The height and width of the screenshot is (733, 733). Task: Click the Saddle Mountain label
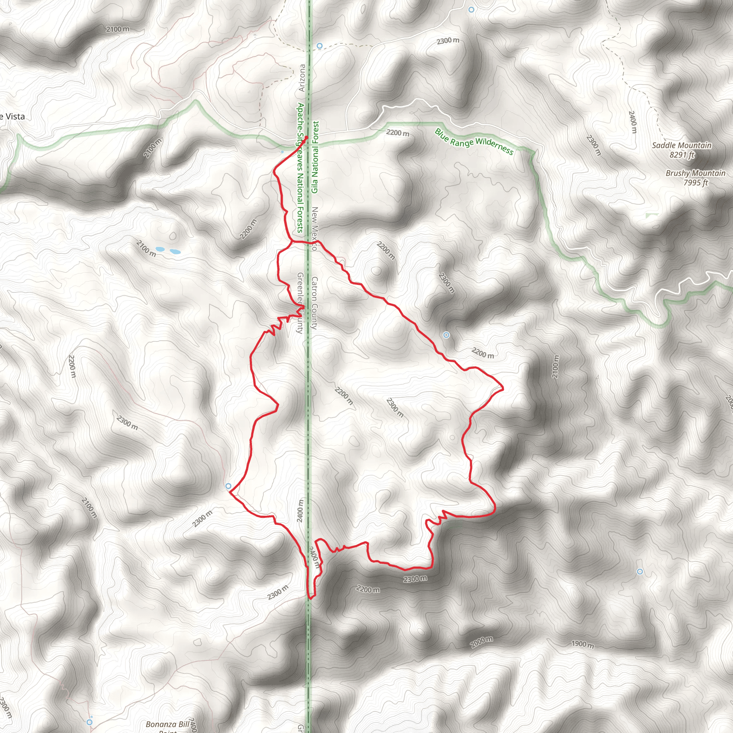[x=681, y=145]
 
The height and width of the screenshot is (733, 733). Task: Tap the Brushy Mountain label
[x=695, y=173]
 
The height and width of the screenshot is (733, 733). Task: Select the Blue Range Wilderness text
[x=474, y=141]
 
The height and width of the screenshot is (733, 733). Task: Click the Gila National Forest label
[x=315, y=157]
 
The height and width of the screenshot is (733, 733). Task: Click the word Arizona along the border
[x=302, y=78]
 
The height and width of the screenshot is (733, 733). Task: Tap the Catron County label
[x=314, y=302]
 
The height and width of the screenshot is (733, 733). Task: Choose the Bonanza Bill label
[x=167, y=724]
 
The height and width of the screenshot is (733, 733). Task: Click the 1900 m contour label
[x=582, y=644]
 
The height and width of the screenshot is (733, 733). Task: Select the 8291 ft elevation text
[x=682, y=155]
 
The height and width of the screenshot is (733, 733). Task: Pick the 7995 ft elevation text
[x=696, y=183]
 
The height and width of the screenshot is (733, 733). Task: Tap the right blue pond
[x=175, y=252]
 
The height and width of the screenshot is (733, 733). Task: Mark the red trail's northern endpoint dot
[x=306, y=137]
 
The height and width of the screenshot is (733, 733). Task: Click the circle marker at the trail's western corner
[x=228, y=486]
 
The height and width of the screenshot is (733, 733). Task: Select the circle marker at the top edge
[x=471, y=10]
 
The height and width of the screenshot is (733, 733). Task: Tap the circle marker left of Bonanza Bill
[x=89, y=722]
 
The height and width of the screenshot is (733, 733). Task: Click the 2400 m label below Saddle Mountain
[x=632, y=122]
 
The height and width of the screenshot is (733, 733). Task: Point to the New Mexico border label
[x=315, y=228]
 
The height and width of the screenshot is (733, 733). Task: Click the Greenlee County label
[x=300, y=303]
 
